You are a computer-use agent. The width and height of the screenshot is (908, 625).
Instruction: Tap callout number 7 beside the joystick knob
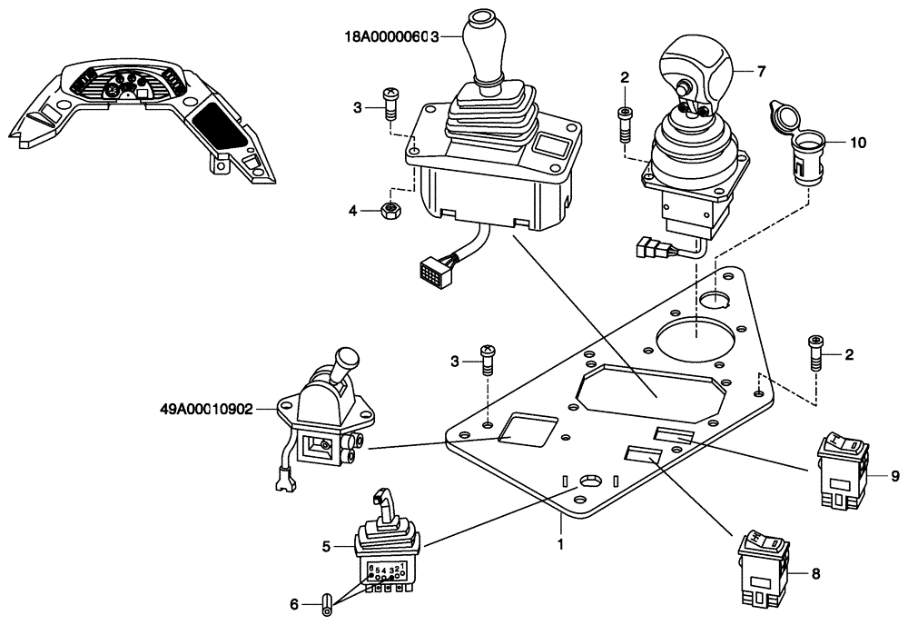click(x=760, y=70)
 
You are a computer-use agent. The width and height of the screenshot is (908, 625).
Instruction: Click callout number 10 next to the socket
click(x=859, y=143)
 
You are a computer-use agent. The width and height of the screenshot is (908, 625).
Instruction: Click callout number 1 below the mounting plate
click(x=560, y=545)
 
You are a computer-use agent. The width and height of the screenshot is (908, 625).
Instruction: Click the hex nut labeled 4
click(x=391, y=211)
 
